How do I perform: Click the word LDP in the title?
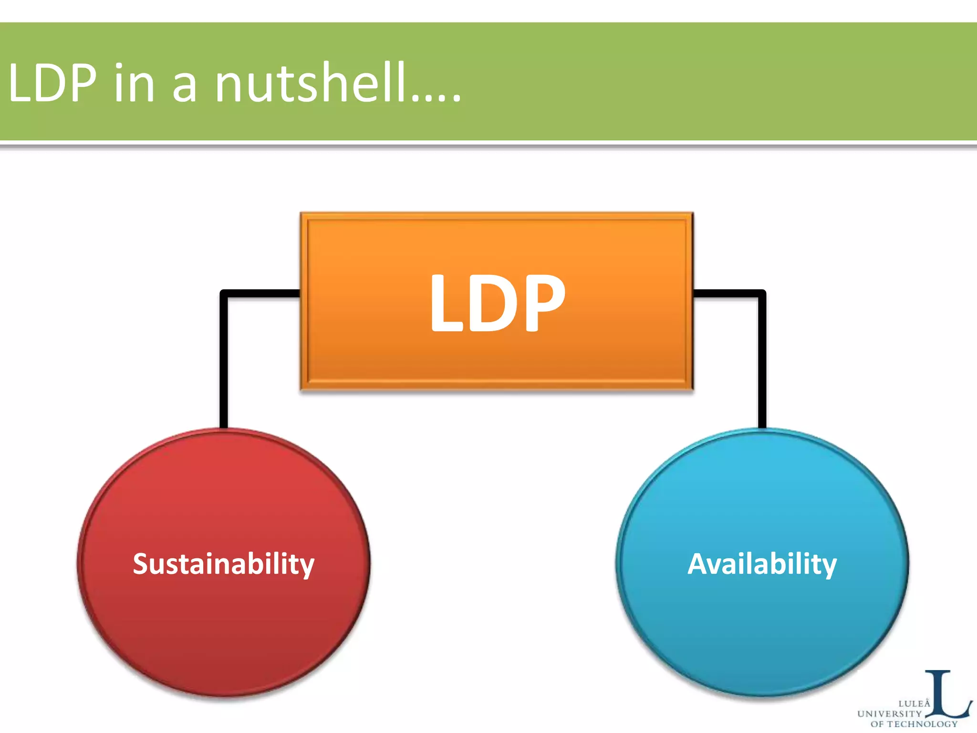point(52,84)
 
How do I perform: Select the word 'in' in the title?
point(134,84)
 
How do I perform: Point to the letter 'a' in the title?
point(184,88)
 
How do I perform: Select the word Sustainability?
point(223,564)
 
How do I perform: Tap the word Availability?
point(762,564)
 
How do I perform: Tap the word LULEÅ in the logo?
point(914,703)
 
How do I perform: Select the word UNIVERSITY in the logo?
point(889,714)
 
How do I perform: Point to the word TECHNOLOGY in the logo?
point(922,724)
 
